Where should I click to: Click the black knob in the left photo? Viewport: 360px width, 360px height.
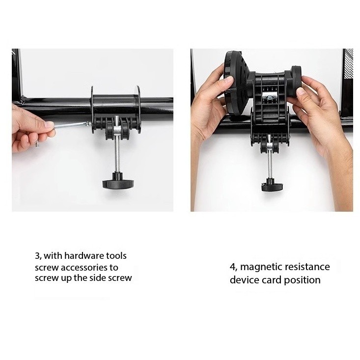coord(118,183)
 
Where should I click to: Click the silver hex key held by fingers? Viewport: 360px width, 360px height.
coord(71,125)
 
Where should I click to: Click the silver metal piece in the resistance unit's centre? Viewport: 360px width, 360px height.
coord(270,96)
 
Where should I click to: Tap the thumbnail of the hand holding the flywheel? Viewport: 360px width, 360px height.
coord(228,81)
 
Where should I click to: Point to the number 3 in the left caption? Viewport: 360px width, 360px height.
coord(37,256)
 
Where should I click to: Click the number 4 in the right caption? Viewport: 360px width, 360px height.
coord(233,267)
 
